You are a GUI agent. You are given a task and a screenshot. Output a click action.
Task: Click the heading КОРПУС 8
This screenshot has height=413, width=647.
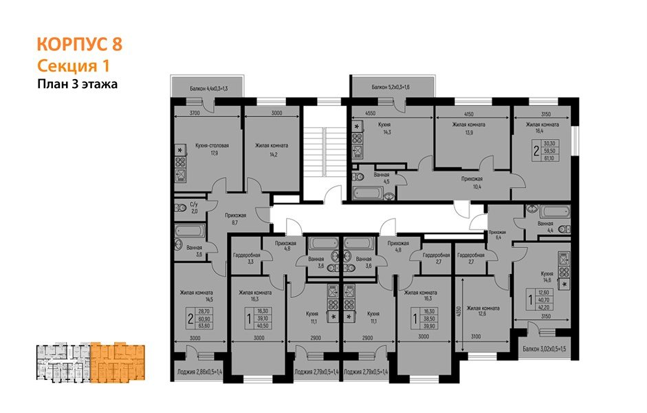[79, 45]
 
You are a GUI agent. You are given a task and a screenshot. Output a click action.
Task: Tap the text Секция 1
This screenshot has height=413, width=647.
[73, 66]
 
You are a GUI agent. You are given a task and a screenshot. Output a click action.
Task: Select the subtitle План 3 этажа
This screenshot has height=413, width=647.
[78, 85]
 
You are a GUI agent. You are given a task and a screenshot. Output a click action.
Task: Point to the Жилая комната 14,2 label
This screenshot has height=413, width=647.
[271, 149]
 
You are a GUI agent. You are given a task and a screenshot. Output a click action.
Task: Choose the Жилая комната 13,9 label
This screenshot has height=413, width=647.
[468, 129]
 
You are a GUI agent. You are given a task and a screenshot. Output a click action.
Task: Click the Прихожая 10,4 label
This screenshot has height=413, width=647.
[471, 182]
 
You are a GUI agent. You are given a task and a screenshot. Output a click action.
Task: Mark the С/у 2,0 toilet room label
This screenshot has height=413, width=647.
[194, 207]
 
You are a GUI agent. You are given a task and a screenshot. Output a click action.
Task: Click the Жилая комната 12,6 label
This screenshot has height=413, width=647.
[482, 311]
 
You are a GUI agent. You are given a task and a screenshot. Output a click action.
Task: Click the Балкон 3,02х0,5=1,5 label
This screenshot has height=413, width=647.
[547, 348]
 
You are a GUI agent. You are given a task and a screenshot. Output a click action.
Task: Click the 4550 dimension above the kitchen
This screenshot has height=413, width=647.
[369, 112]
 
